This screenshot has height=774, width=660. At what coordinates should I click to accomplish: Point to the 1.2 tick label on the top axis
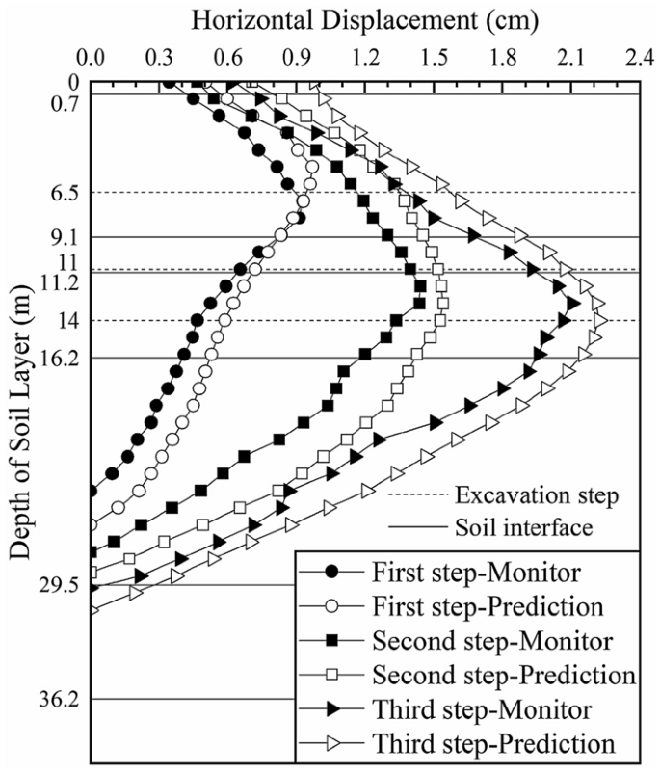pos(364,57)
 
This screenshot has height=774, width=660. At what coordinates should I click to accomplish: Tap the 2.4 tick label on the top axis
pos(637,57)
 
